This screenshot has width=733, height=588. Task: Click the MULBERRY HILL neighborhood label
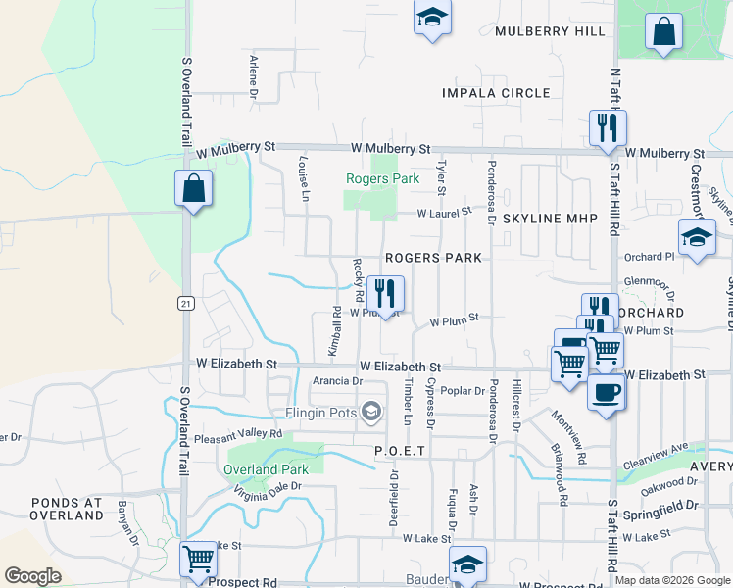coord(550,31)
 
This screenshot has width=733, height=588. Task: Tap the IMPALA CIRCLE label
coord(496,93)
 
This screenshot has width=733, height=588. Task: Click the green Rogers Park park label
coord(382,178)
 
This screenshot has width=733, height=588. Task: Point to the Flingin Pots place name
coord(319,413)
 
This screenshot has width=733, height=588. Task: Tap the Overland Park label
coord(266,469)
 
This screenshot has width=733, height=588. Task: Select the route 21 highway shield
coord(185,304)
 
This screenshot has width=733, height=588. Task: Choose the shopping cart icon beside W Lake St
coord(199,559)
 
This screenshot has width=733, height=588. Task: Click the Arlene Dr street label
coord(253,77)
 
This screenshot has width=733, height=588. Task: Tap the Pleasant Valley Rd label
coord(237,434)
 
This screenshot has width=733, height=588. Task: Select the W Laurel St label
coord(443,212)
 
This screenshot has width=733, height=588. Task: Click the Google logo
coord(33,575)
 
